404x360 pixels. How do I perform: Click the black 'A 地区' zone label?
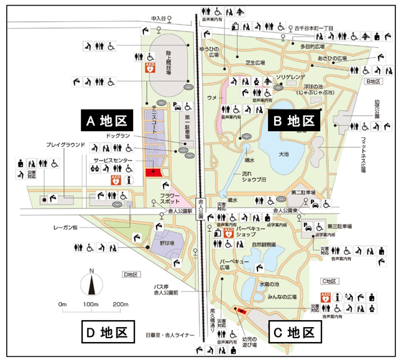(107, 120)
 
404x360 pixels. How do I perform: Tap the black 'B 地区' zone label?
(293, 121)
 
